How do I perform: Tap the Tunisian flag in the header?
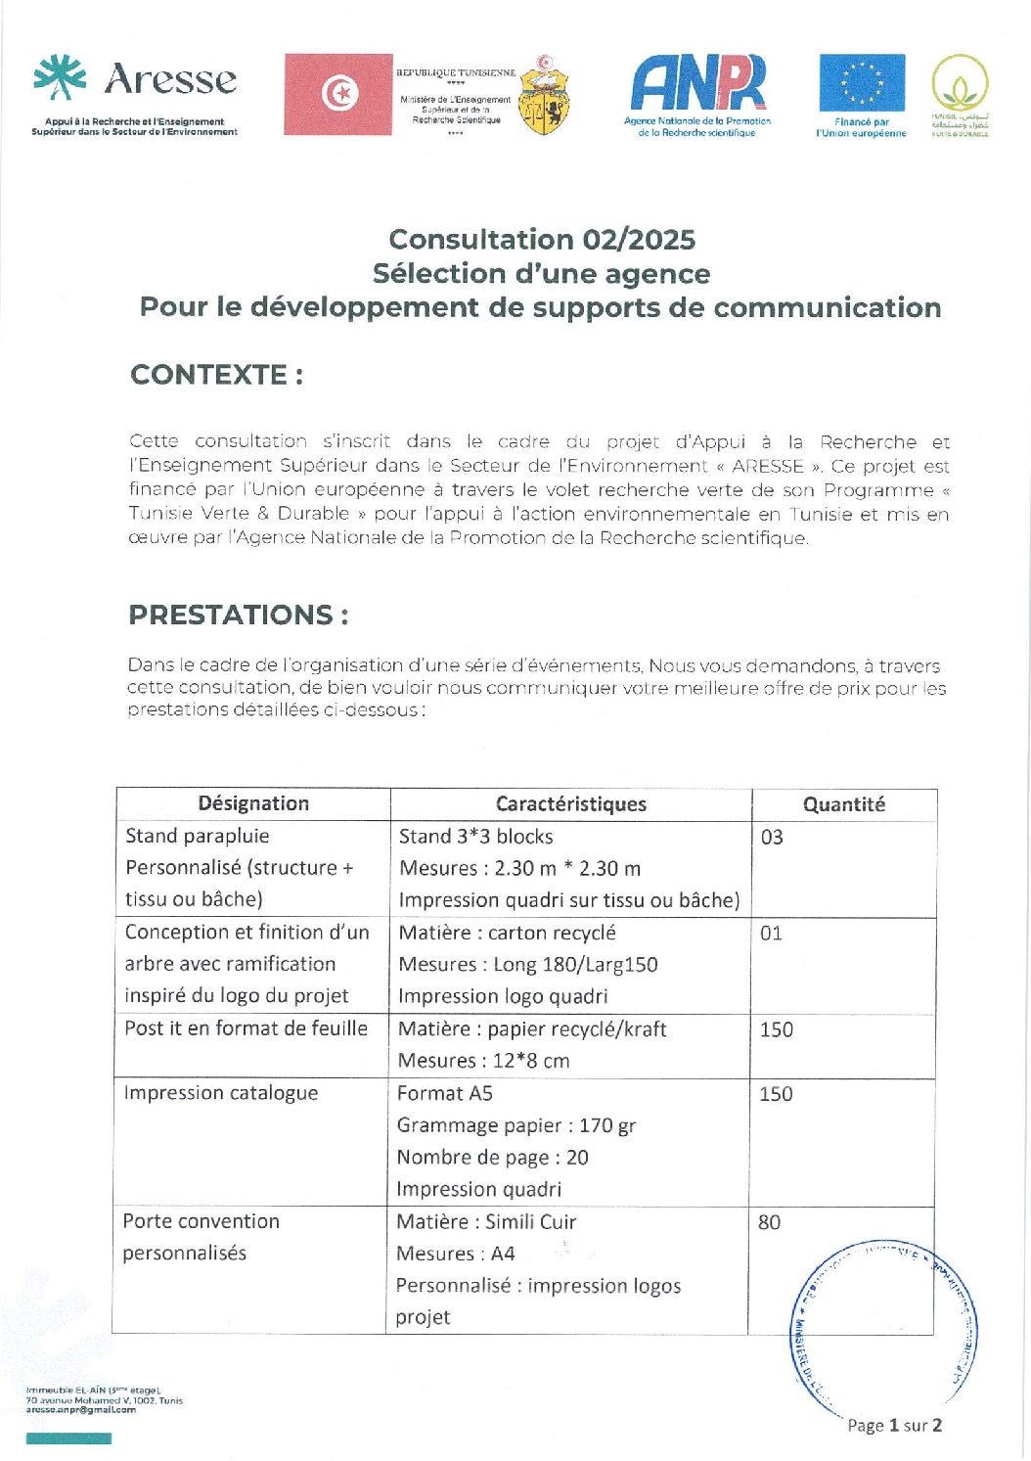tap(337, 94)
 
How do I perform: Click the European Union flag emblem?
tap(862, 84)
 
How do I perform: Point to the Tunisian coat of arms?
tap(544, 96)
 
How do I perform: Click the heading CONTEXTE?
tap(216, 375)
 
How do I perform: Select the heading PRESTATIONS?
tap(239, 616)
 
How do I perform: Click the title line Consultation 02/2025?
tap(542, 240)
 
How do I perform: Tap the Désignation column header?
tap(253, 804)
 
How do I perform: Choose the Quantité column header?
tap(843, 804)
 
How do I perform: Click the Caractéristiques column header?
tap(571, 804)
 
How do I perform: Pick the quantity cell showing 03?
tap(772, 838)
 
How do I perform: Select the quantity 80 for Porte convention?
tap(769, 1222)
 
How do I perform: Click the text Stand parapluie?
tap(198, 837)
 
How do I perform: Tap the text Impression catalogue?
tap(221, 1093)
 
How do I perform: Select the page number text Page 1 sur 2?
tap(894, 1426)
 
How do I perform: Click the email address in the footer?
tap(81, 1410)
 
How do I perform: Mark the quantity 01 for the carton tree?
tap(771, 934)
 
